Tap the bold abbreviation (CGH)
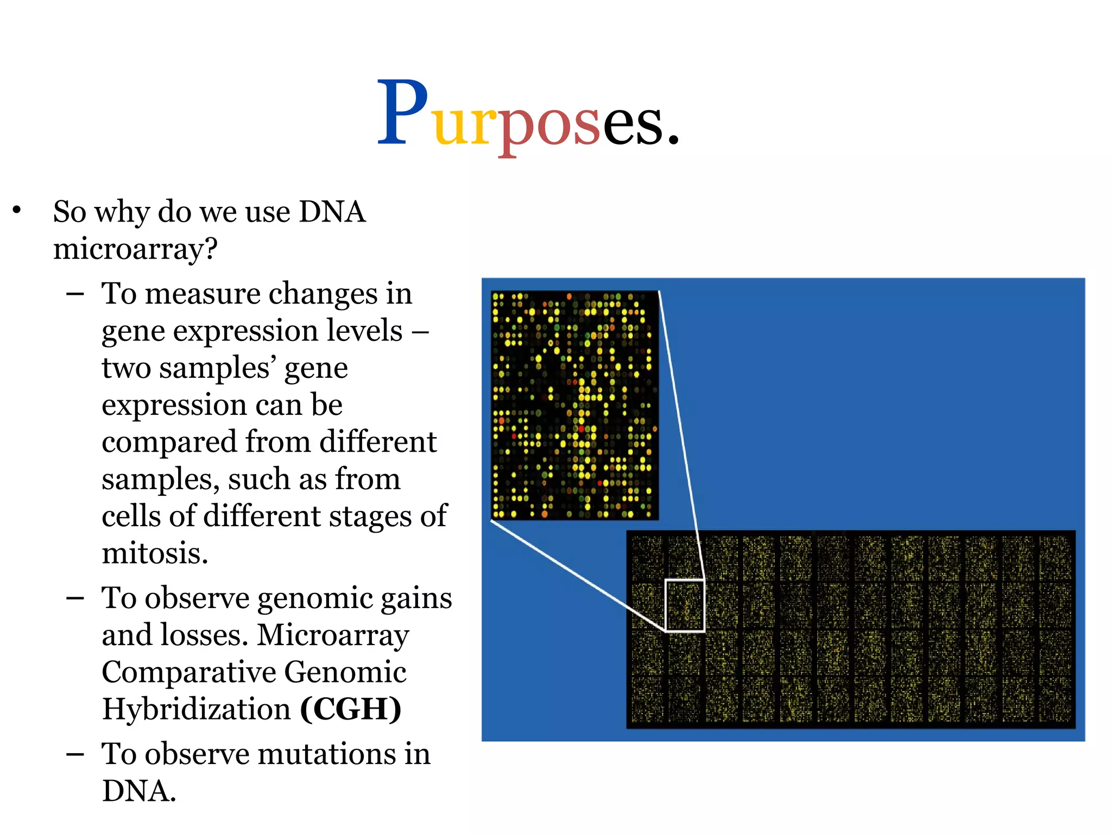tap(351, 709)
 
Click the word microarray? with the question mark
tap(135, 250)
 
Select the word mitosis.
tap(155, 553)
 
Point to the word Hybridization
tap(197, 709)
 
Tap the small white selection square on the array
tap(685, 605)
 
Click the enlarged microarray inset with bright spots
tap(574, 405)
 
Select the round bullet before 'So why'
tap(17, 210)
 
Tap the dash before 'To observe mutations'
tap(75, 755)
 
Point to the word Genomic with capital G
tap(345, 672)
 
